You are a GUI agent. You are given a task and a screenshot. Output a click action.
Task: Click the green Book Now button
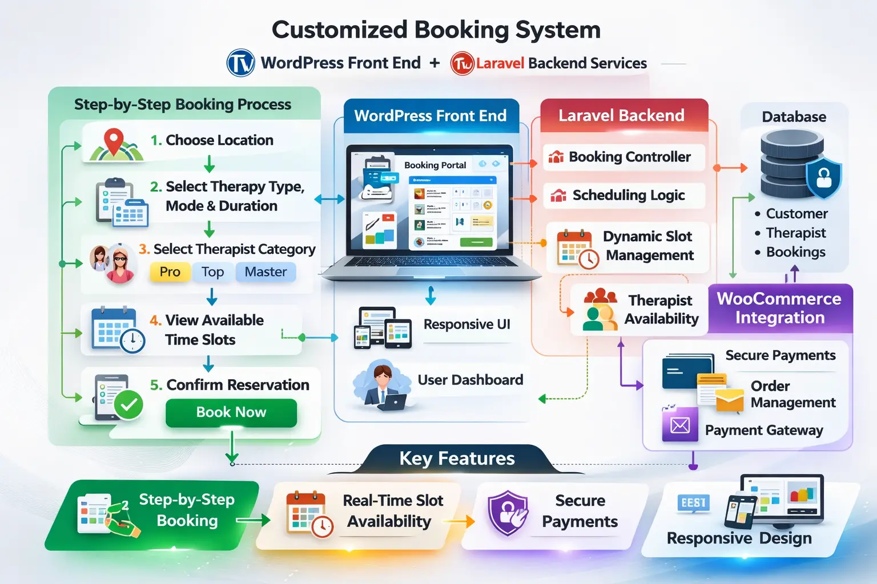tap(231, 412)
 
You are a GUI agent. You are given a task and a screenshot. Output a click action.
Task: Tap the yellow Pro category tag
tap(170, 272)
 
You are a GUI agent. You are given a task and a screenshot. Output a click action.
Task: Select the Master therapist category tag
tap(265, 272)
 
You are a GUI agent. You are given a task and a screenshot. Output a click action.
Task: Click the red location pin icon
tap(114, 141)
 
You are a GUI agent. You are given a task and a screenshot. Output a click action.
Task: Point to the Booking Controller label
tap(629, 157)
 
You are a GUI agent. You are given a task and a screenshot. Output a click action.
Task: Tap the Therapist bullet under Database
tap(795, 233)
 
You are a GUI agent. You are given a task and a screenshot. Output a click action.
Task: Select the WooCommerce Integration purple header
tap(779, 308)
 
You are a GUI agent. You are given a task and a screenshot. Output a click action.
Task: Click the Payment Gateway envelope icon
tap(680, 425)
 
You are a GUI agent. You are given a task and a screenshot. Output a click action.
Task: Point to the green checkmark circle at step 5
tap(128, 404)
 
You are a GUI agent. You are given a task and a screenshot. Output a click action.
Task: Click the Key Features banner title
tap(457, 459)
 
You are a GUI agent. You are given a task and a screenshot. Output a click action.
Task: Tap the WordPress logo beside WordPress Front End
tap(241, 63)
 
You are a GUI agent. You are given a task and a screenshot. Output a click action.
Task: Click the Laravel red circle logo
tap(462, 63)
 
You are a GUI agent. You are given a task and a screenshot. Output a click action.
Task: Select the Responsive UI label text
tap(466, 324)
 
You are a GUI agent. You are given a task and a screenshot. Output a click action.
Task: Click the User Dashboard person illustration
tap(381, 386)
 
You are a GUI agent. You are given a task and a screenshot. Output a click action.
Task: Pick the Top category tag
tap(212, 272)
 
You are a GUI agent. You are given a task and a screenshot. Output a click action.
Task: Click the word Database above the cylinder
tap(794, 117)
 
